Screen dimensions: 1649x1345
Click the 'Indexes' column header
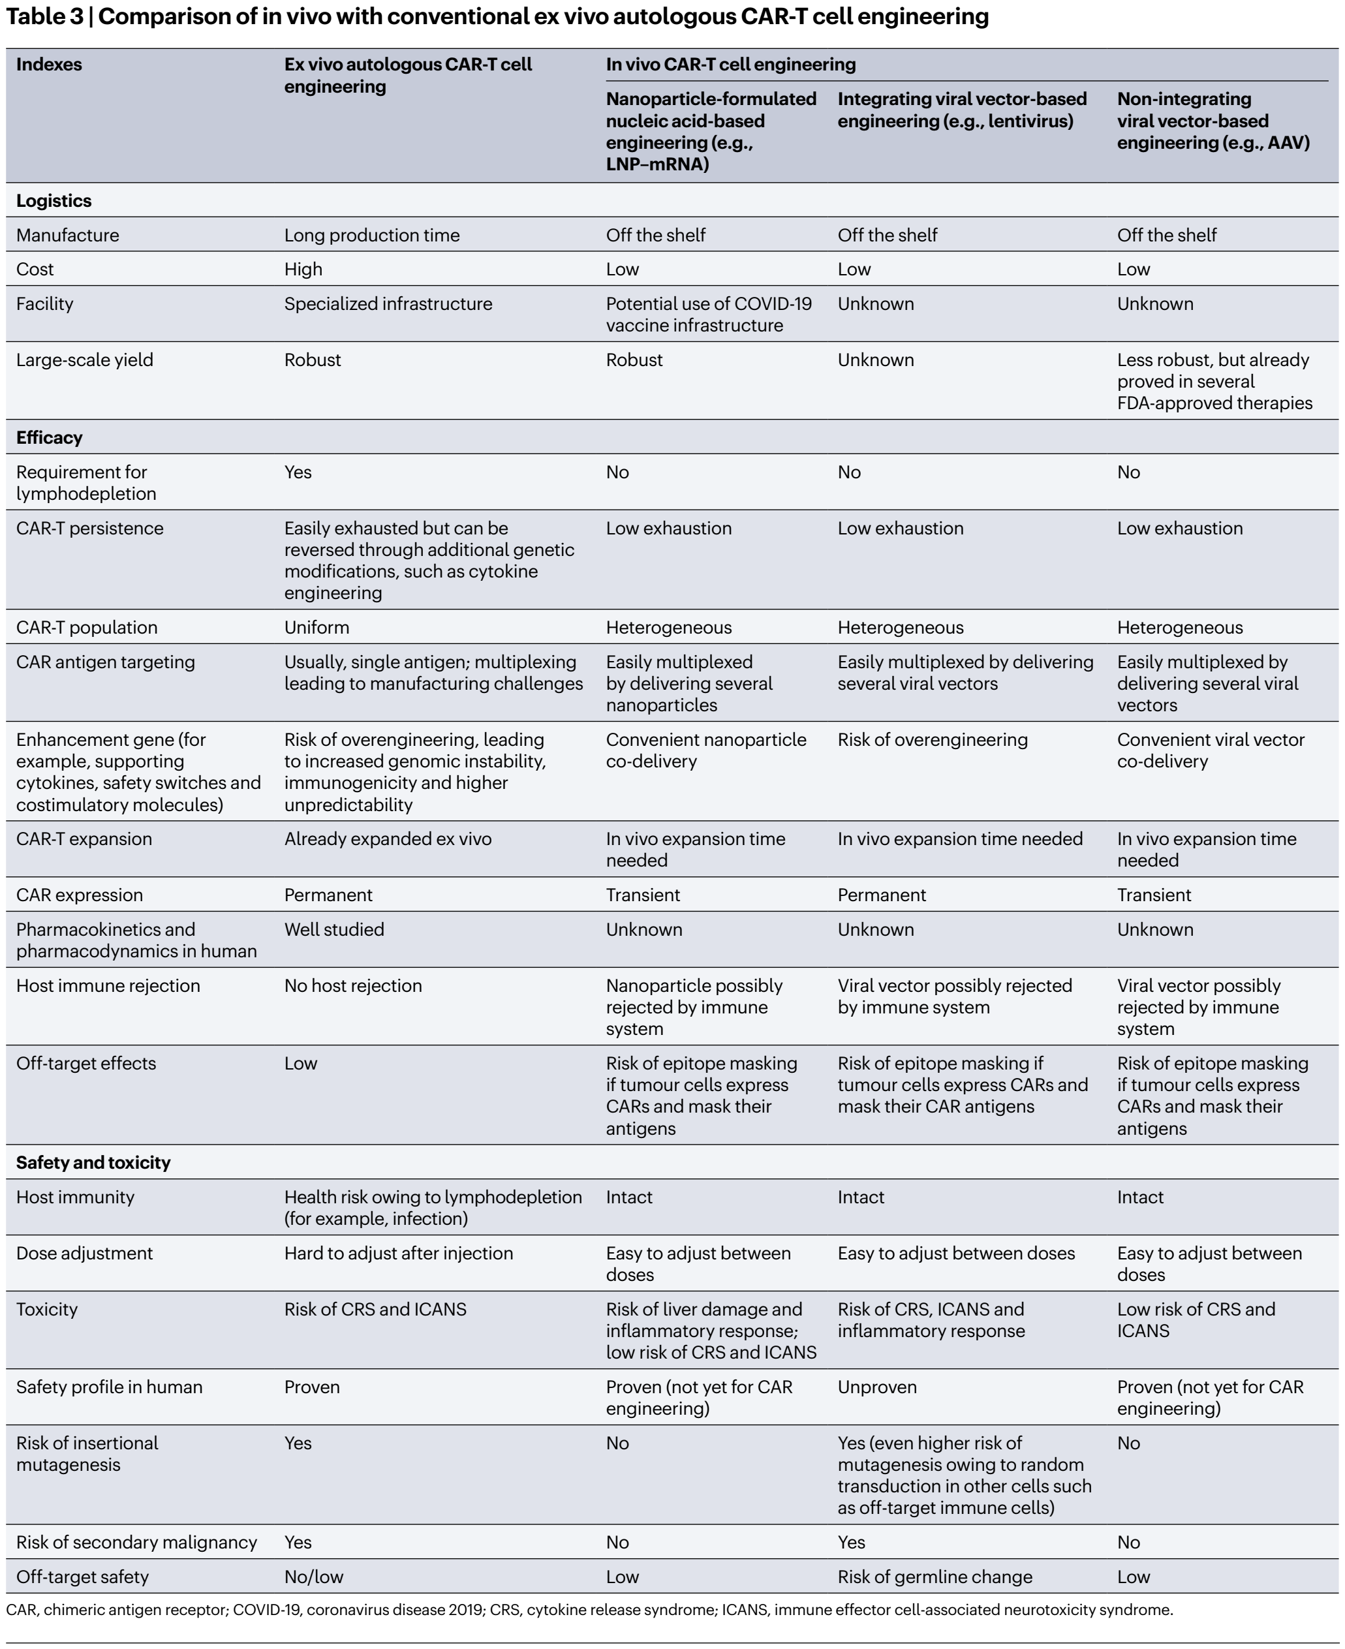point(49,65)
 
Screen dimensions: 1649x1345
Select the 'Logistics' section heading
point(54,200)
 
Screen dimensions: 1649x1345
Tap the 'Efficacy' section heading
point(49,438)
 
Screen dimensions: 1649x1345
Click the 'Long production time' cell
point(371,236)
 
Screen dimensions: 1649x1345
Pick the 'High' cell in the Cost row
point(303,270)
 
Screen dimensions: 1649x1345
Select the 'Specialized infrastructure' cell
point(388,303)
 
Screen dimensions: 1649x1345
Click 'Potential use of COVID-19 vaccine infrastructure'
point(708,315)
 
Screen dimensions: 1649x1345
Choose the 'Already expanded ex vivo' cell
point(388,839)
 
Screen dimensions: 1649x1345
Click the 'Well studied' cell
point(334,929)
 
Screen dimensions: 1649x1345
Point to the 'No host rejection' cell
point(352,986)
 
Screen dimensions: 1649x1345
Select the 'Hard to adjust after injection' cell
point(398,1253)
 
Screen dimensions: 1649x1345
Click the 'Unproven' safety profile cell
point(876,1387)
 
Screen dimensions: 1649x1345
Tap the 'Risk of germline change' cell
point(935,1577)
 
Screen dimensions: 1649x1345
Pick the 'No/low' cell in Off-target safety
point(313,1577)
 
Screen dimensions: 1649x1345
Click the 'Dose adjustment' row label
point(84,1253)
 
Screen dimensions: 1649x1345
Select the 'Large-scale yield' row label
point(84,360)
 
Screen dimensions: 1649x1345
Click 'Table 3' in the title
point(43,16)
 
